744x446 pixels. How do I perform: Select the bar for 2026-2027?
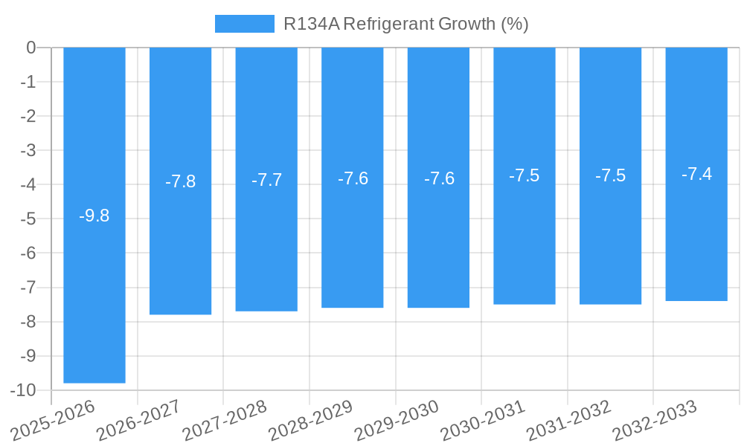click(181, 245)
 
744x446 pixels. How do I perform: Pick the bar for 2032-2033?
click(696, 238)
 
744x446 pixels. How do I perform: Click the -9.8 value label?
click(94, 216)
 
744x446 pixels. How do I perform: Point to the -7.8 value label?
click(181, 181)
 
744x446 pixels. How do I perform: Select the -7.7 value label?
click(266, 180)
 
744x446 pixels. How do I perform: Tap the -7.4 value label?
click(696, 174)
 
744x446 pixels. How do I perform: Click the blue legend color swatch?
click(244, 24)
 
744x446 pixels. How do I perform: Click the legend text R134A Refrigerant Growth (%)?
click(406, 24)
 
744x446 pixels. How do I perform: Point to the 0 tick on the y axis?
click(31, 48)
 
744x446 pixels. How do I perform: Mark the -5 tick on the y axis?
click(28, 219)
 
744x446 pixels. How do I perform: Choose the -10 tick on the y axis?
click(24, 390)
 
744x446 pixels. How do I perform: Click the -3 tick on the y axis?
click(28, 150)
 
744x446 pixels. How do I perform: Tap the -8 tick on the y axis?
click(28, 322)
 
